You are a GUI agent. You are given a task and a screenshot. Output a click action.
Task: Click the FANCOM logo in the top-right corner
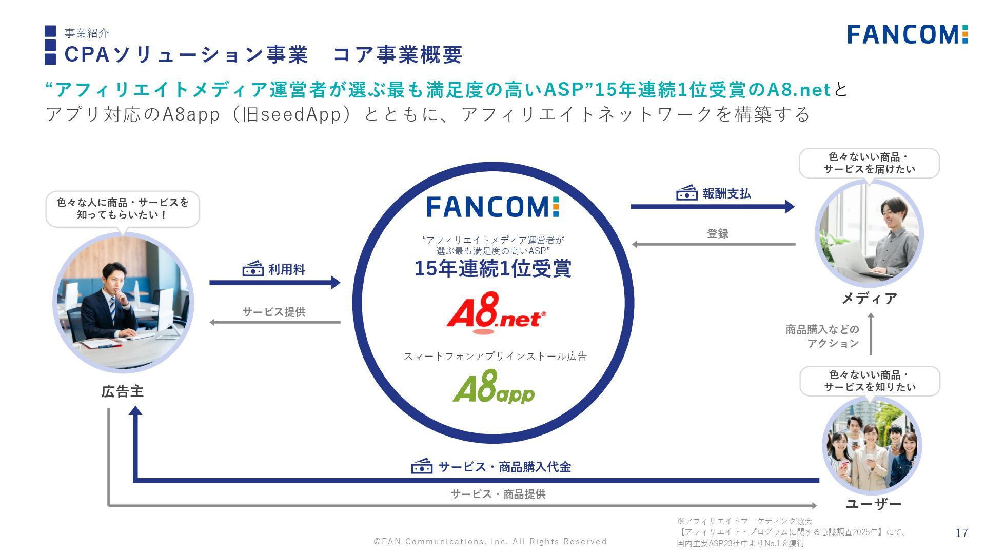coord(907,34)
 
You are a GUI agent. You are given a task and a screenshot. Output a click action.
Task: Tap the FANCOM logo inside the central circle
coord(493,207)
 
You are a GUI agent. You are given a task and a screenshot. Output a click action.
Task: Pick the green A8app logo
coord(494,388)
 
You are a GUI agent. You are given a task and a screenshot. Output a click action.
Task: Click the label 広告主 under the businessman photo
coord(123,392)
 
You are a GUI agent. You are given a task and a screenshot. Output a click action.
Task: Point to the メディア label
coord(870,298)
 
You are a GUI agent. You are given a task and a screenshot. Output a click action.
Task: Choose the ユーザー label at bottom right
coord(873,504)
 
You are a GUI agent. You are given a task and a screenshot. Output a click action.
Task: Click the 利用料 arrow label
coord(286,269)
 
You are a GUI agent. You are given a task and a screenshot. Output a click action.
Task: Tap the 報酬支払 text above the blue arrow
coord(726,193)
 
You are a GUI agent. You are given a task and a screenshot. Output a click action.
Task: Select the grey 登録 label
coord(718,234)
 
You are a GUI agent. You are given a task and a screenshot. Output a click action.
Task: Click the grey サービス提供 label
coord(274,312)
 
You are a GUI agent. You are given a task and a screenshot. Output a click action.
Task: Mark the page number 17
coord(961,533)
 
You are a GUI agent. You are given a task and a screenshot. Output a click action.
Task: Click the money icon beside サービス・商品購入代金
coord(422,466)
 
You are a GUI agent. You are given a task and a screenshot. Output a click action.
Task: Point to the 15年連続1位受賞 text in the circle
coord(493,268)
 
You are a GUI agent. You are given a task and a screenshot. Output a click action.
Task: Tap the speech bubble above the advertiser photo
coord(123,208)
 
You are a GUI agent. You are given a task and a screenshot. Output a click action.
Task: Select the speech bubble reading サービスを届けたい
coord(869,163)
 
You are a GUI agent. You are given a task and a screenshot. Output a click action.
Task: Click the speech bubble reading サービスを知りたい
coord(870,381)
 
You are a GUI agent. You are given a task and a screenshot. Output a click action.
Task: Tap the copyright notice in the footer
coord(490,541)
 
